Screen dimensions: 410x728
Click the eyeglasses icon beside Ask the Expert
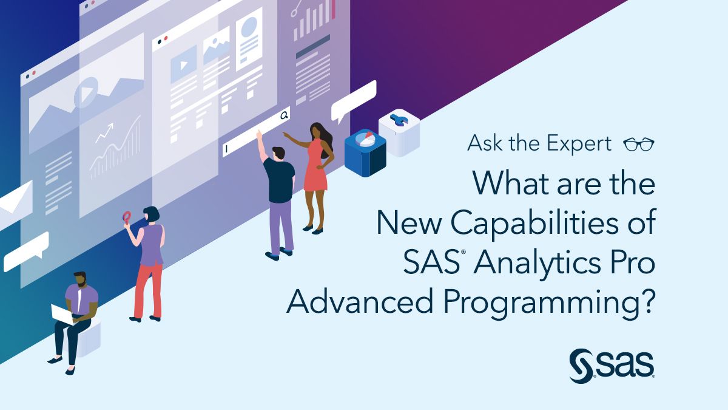[639, 145]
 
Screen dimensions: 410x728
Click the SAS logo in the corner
[612, 364]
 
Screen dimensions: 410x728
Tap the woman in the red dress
[316, 173]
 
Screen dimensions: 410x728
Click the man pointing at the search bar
[278, 194]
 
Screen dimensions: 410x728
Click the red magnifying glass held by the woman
[127, 216]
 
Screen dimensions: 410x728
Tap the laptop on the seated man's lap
[62, 313]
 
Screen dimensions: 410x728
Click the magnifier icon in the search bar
[283, 114]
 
